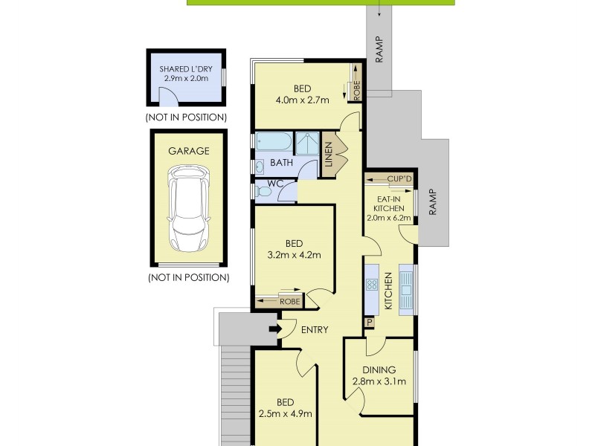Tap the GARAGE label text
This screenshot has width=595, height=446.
coord(188,151)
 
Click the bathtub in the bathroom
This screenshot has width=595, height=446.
coord(273,142)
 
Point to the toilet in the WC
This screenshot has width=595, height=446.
coord(263,192)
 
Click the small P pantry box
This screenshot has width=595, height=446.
coord(369,323)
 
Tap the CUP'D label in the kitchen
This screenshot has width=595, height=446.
coord(399,180)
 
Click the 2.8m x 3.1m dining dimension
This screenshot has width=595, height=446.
coord(379,382)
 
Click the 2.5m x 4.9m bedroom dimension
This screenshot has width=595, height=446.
coord(284,414)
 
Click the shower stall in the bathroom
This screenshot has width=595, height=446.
coord(306,142)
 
